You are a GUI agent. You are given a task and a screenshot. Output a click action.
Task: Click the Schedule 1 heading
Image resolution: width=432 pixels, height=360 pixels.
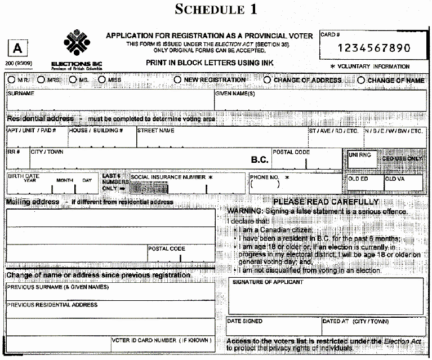point(216,10)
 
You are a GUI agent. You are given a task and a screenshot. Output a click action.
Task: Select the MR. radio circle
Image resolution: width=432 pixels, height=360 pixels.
point(12,80)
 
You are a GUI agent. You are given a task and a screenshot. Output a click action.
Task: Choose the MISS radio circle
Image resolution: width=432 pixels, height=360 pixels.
point(102,80)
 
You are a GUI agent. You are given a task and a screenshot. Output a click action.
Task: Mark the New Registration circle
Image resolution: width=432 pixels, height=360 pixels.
point(178,80)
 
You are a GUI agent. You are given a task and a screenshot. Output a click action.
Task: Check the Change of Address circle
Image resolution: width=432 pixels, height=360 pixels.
point(267,80)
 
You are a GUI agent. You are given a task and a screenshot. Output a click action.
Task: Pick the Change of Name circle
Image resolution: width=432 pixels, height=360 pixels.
point(361,80)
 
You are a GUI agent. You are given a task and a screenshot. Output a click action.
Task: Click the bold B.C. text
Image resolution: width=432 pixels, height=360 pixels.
point(259,160)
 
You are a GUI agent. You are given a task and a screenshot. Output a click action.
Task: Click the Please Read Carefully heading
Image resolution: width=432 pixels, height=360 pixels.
point(326,202)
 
